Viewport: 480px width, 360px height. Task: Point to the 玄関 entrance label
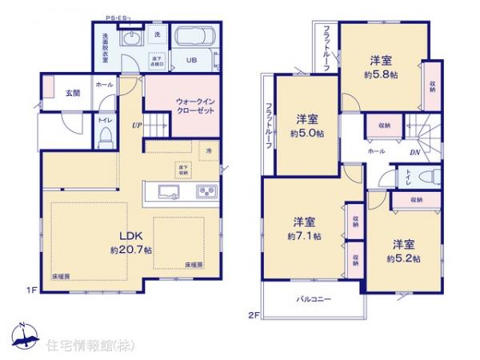tap(73, 92)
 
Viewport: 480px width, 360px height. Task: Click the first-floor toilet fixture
tap(103, 138)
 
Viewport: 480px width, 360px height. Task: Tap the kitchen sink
tap(170, 191)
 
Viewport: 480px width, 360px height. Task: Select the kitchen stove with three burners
tap(207, 191)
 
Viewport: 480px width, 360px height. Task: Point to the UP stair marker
tap(138, 125)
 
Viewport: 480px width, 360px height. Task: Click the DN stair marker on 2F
tap(415, 153)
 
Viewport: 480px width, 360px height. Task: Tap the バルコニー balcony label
tap(315, 299)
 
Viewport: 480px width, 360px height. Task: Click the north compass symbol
tap(22, 332)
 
